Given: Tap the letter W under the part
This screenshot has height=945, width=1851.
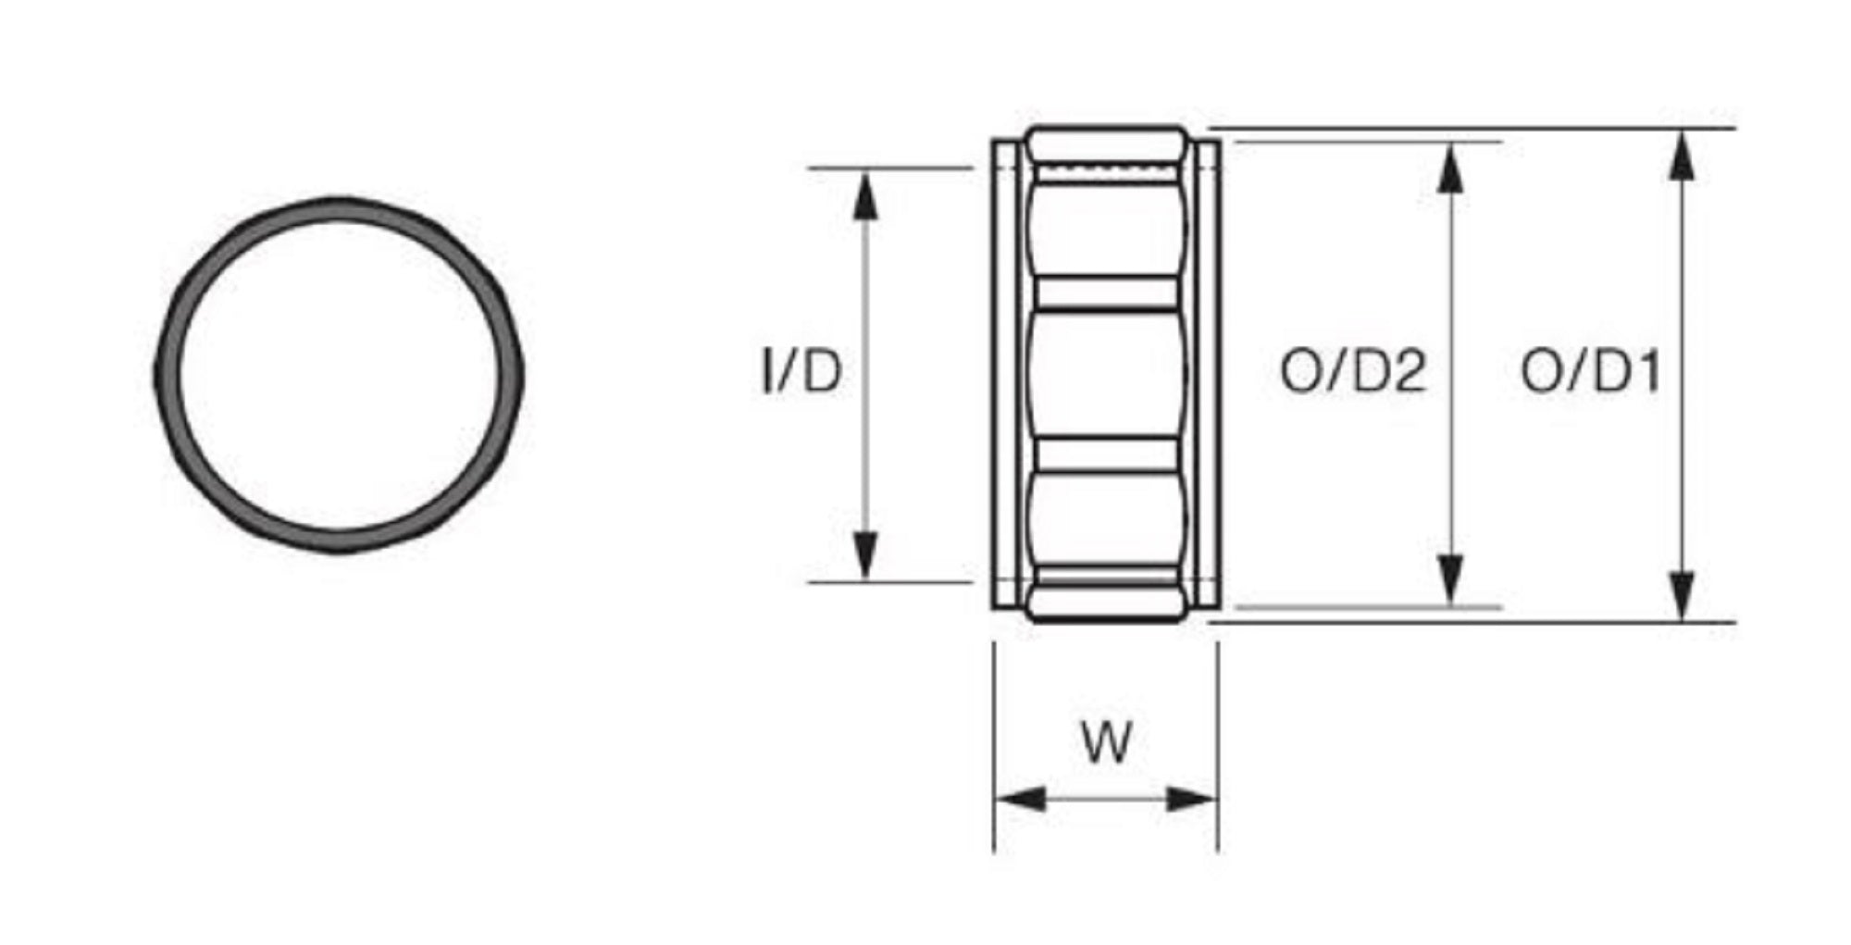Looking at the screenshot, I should pyautogui.click(x=1107, y=741).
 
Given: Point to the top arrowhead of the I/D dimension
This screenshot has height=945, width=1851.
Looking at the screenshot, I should pyautogui.click(x=865, y=194).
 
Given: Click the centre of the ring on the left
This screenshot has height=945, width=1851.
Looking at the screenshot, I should pyautogui.click(x=339, y=375).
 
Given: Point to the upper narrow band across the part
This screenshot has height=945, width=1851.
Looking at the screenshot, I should pyautogui.click(x=1107, y=292).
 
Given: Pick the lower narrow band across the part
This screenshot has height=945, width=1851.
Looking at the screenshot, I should pyautogui.click(x=1107, y=455).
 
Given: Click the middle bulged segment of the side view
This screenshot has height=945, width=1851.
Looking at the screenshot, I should pyautogui.click(x=1107, y=374).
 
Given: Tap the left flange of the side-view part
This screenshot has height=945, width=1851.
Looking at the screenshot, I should pyautogui.click(x=1006, y=374).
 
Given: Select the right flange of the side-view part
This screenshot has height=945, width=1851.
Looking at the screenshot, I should pyautogui.click(x=1207, y=374).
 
